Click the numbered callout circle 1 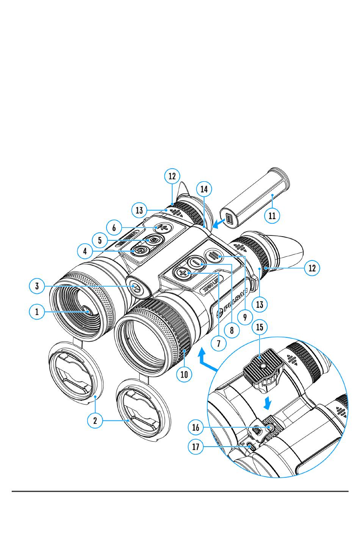pyautogui.click(x=37, y=312)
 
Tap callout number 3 pyautogui.click(x=37, y=286)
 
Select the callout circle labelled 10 pyautogui.click(x=184, y=374)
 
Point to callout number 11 pyautogui.click(x=272, y=216)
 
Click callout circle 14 pyautogui.click(x=204, y=189)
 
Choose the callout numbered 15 pyautogui.click(x=260, y=327)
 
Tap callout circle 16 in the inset pyautogui.click(x=196, y=427)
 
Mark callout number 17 pyautogui.click(x=196, y=447)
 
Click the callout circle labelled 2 pyautogui.click(x=95, y=420)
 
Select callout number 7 pyautogui.click(x=219, y=343)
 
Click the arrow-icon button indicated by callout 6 pyautogui.click(x=163, y=227)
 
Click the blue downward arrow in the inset pyautogui.click(x=268, y=403)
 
